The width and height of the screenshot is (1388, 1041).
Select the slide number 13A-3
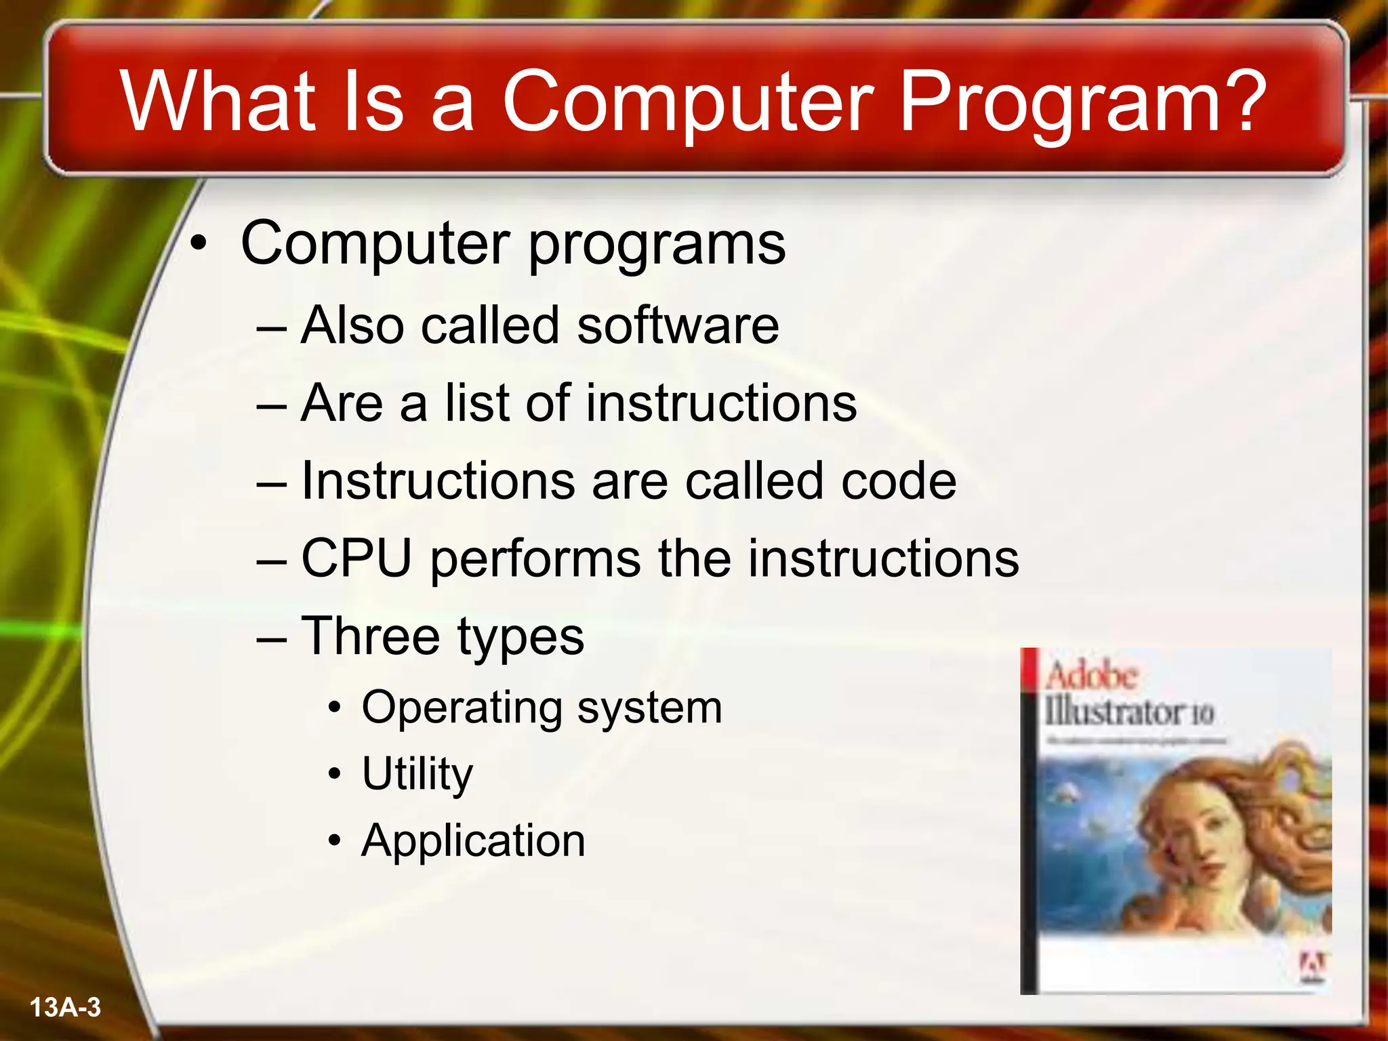[66, 1008]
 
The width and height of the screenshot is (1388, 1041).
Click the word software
[678, 325]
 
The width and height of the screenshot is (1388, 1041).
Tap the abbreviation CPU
[356, 558]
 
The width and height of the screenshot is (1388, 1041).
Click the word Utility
[417, 774]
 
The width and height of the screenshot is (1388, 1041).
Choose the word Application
[473, 841]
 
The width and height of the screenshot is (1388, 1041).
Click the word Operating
[462, 708]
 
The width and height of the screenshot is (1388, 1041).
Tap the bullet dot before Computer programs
[197, 245]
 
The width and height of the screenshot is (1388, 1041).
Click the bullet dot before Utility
[334, 775]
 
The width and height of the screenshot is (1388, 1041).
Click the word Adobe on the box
[1090, 676]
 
